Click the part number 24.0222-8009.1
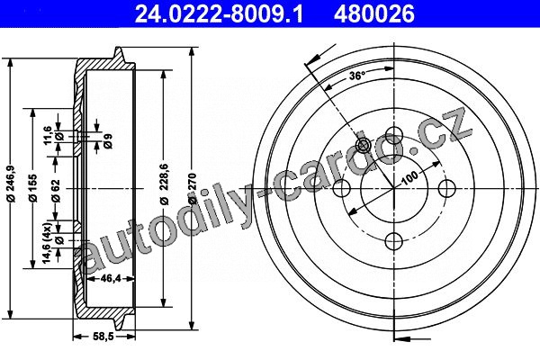point(219,13)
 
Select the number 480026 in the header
point(374,13)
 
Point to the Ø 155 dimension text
point(33,187)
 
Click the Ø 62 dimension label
point(56,191)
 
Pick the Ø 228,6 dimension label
point(165,184)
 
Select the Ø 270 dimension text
point(193,188)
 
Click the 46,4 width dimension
point(110,278)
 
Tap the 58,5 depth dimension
point(103,337)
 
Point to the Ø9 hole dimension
point(108,140)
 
